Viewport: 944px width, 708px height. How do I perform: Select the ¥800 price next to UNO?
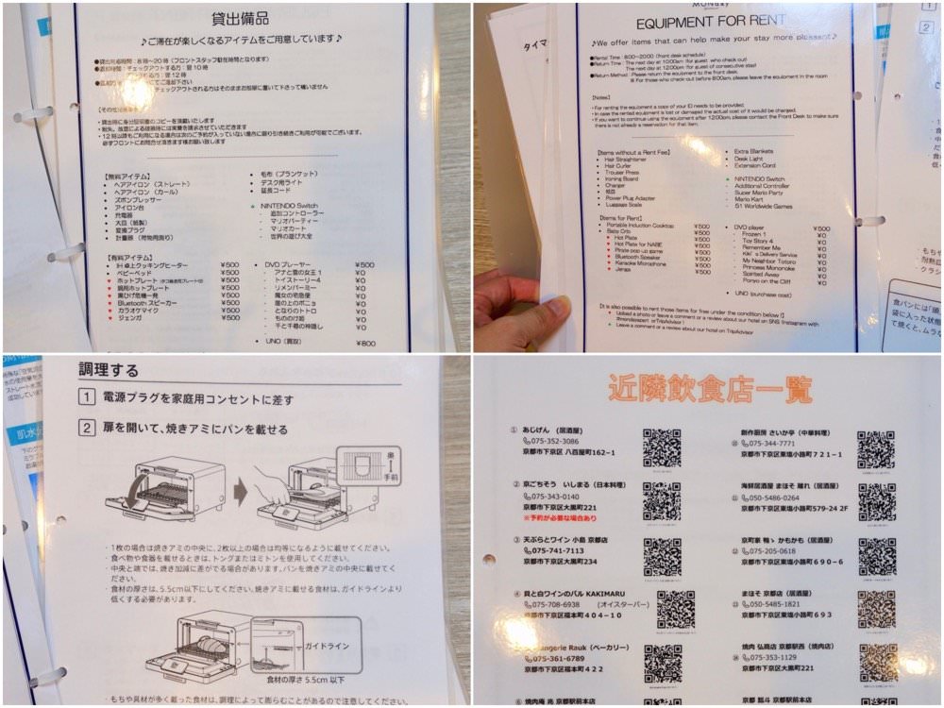coord(364,343)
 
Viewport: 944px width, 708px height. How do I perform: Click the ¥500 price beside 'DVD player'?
coord(821,228)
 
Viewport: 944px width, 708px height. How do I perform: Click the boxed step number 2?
coord(86,429)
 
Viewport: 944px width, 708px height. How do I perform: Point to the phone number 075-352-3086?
coord(558,441)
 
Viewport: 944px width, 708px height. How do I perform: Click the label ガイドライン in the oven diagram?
coord(327,646)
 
